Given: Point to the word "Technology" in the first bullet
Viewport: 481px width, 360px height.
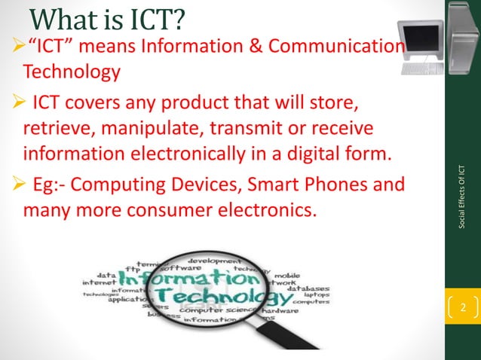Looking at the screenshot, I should click(x=72, y=73).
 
